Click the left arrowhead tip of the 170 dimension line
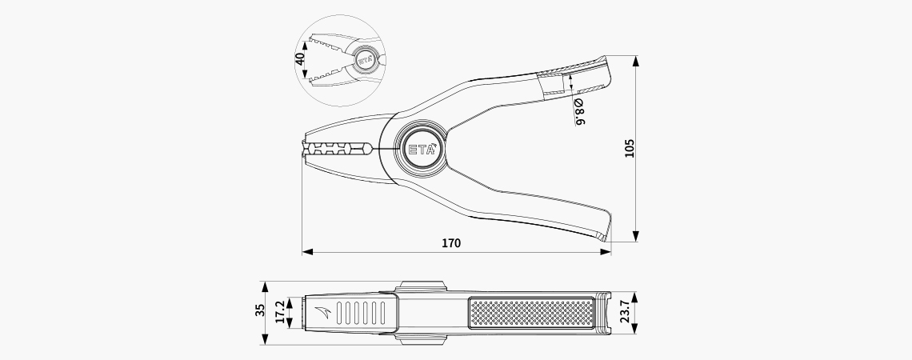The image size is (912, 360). click(x=302, y=252)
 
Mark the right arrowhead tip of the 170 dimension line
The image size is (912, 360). click(x=610, y=252)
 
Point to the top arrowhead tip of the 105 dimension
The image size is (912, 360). click(x=636, y=56)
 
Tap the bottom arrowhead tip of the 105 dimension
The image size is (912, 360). click(x=636, y=242)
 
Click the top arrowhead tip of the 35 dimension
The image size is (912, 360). click(x=266, y=282)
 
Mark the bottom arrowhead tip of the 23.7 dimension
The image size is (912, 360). click(x=634, y=334)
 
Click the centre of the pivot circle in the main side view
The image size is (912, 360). click(x=421, y=149)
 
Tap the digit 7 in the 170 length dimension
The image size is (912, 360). click(x=450, y=243)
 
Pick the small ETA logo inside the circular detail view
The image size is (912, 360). click(x=365, y=59)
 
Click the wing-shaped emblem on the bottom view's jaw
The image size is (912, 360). click(x=323, y=312)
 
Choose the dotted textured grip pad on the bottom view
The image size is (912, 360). click(x=532, y=313)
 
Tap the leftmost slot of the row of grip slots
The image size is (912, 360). click(x=341, y=313)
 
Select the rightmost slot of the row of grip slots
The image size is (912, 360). click(x=382, y=313)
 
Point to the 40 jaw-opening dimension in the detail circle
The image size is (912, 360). click(x=300, y=59)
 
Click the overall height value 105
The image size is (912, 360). click(x=630, y=148)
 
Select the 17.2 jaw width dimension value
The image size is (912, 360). click(x=280, y=312)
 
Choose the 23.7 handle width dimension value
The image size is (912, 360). click(x=625, y=312)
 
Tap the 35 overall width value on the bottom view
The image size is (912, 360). click(x=260, y=310)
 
